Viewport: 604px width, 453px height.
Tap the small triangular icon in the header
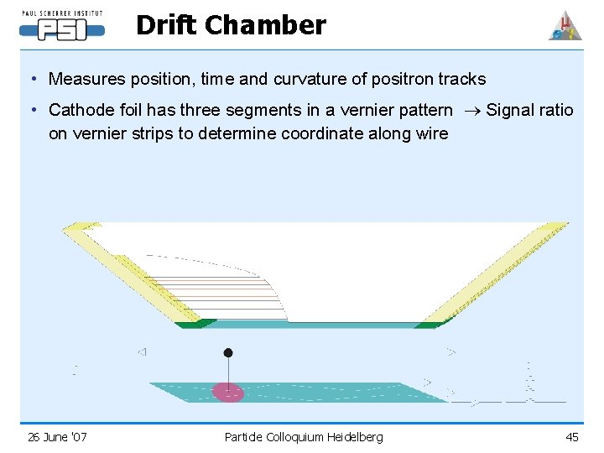click(565, 26)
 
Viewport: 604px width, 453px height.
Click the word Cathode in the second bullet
click(81, 111)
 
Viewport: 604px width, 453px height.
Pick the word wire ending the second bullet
click(431, 133)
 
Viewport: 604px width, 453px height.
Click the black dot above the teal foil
click(228, 352)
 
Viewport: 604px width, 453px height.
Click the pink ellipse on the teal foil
click(227, 392)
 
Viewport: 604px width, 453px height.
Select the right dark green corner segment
click(432, 324)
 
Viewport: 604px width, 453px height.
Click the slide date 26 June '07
click(57, 436)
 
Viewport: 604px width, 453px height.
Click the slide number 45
click(572, 436)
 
